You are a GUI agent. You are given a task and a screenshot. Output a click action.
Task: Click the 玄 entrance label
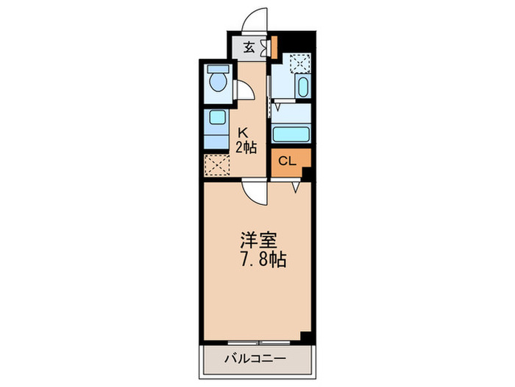249,49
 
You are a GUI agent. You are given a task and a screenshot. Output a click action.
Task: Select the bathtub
291,135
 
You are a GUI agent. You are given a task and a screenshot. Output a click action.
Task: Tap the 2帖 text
245,147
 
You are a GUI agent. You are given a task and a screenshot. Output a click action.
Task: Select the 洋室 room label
257,241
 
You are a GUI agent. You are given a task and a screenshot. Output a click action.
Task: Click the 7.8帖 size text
262,259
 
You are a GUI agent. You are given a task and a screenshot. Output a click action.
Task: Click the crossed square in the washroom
299,64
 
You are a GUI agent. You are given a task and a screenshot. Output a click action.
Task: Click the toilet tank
218,69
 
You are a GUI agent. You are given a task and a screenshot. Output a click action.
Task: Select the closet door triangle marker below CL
296,187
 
